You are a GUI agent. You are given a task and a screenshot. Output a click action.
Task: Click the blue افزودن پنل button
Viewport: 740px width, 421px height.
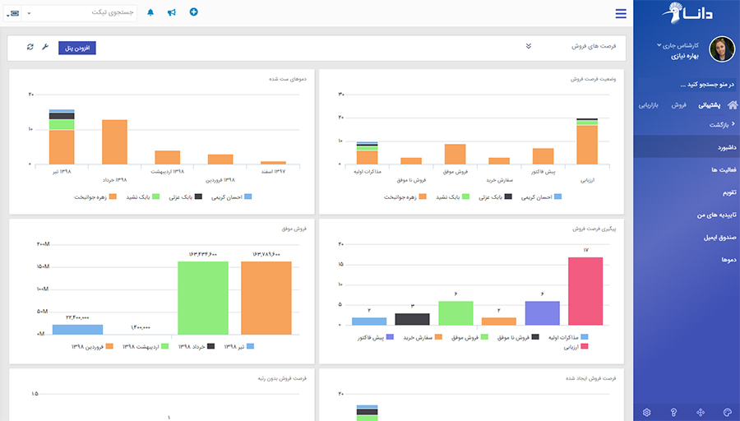coord(77,48)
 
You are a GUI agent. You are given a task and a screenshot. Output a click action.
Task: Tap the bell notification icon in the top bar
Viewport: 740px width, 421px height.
coord(150,12)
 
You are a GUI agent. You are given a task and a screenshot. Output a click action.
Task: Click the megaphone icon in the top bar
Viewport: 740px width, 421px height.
coord(172,12)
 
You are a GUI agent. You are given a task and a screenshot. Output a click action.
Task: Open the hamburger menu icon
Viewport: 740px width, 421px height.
coord(621,13)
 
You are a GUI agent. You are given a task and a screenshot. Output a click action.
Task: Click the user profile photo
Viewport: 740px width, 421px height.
coord(721,49)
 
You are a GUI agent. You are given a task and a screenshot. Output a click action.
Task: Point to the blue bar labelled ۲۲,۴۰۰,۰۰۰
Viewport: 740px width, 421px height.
coord(77,329)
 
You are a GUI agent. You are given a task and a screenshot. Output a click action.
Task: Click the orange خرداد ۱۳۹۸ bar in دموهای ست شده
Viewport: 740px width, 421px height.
coord(114,141)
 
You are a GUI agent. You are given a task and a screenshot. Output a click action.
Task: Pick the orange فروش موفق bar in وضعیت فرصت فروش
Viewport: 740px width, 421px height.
coord(455,154)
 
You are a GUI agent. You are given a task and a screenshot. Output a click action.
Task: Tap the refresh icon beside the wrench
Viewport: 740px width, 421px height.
coord(30,47)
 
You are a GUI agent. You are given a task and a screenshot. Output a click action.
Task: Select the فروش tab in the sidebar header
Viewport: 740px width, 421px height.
coord(678,105)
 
